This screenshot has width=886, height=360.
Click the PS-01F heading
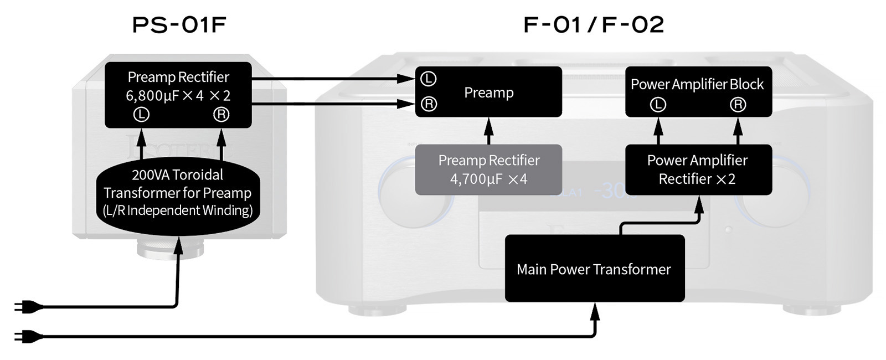pos(179,25)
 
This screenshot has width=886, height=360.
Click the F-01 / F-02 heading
pos(594,25)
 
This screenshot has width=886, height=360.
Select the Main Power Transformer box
pos(594,269)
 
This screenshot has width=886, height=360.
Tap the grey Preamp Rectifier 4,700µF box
pos(488,169)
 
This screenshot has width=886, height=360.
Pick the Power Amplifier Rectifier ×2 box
pos(698,169)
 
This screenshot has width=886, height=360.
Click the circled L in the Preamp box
pos(428,79)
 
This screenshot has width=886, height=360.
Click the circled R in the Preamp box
pos(429,104)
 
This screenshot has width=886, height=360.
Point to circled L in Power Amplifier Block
pos(658,105)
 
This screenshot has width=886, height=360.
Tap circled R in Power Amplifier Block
pos(738,105)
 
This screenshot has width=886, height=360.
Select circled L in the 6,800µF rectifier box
pos(142,115)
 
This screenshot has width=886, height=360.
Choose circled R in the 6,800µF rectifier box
pos(221,115)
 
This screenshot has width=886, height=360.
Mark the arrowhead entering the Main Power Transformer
pos(595,312)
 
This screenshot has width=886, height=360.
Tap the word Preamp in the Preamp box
pos(488,92)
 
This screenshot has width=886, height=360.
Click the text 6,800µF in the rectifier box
pos(149,96)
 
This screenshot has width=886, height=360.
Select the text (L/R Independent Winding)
pos(178,210)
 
